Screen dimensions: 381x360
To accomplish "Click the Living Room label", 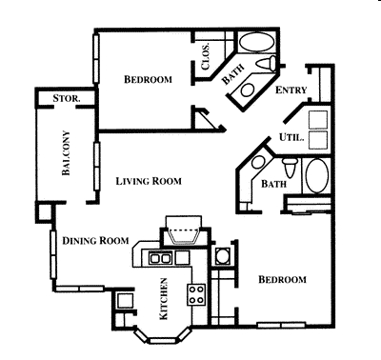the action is [x=149, y=181].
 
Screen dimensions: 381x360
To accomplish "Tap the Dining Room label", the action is [x=95, y=241].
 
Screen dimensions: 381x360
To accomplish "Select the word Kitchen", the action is [x=163, y=299].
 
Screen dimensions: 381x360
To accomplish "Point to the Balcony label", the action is [x=66, y=152].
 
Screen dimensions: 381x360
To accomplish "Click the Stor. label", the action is [x=67, y=98].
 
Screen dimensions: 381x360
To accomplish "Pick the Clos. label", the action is [x=206, y=56].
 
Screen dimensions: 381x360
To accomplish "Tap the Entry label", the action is [x=291, y=90].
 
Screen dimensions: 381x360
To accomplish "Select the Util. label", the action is [x=291, y=137].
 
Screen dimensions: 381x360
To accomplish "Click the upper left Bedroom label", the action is [x=148, y=79].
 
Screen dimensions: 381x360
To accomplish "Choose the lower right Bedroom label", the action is [x=282, y=279].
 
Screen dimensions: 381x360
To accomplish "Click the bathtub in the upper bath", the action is [x=256, y=43].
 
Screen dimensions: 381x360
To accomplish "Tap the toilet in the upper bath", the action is [x=267, y=63].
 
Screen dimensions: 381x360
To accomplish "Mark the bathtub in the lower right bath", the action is [x=317, y=175].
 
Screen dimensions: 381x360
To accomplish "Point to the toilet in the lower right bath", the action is [x=290, y=168].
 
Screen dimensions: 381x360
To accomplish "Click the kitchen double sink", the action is [x=160, y=257].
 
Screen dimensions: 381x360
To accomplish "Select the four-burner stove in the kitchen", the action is [x=196, y=294].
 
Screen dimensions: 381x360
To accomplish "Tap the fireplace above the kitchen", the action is [x=184, y=230].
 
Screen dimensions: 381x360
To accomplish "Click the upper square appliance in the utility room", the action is [x=318, y=120].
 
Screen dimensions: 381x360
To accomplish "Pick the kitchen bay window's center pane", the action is [x=162, y=341].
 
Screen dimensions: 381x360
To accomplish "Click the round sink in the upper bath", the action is [x=247, y=90].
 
